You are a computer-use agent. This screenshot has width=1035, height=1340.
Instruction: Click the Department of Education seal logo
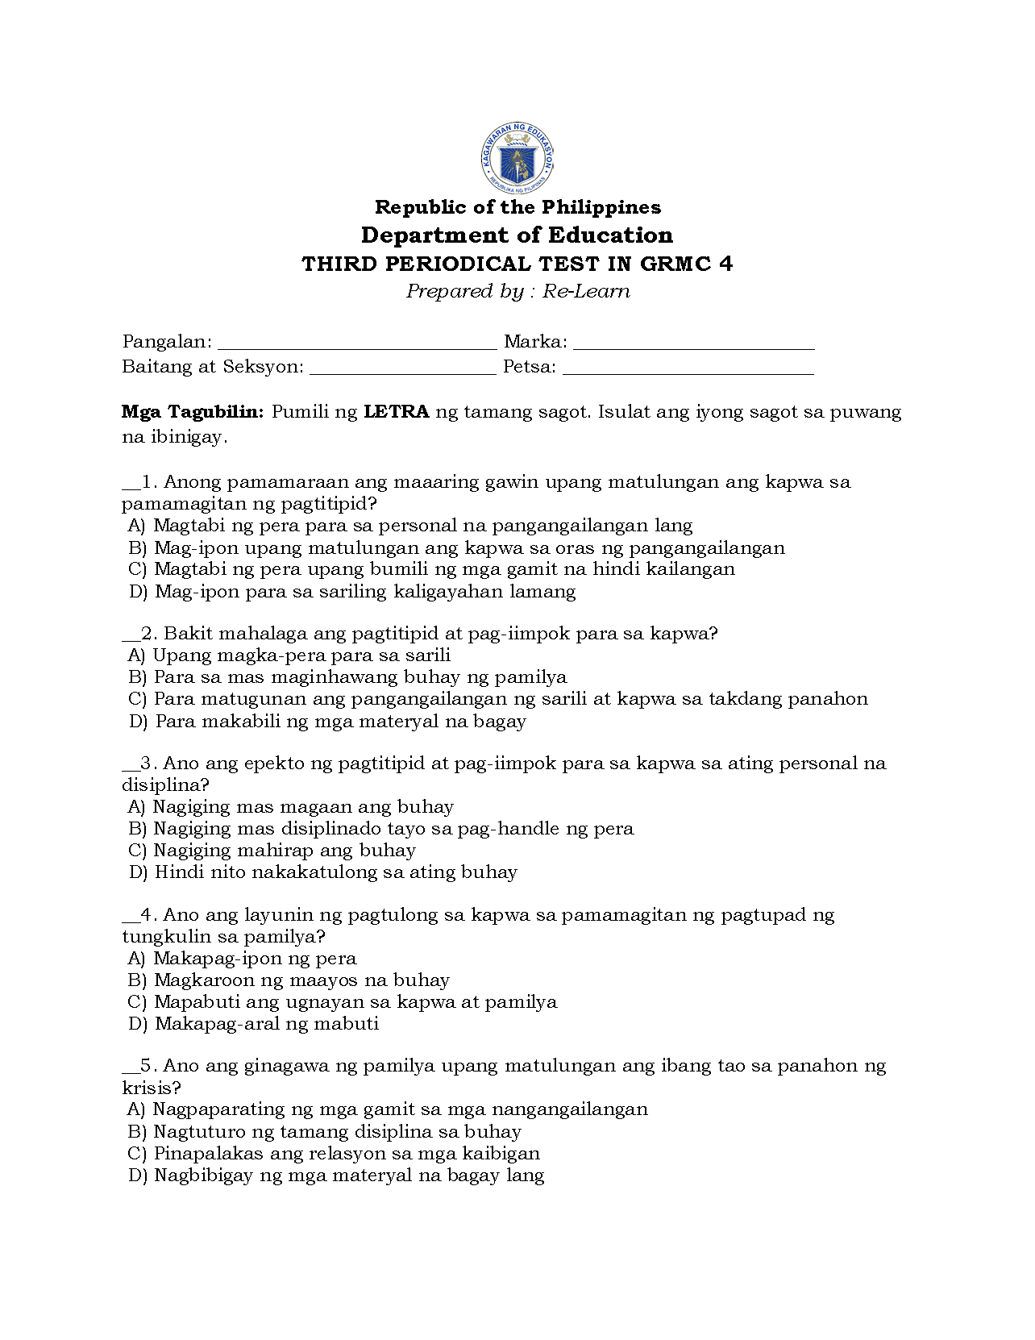(x=517, y=158)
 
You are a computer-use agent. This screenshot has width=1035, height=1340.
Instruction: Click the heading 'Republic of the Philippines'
(x=517, y=207)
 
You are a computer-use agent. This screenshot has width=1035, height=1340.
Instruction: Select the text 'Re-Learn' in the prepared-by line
(x=586, y=291)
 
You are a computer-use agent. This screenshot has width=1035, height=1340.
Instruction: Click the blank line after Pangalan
(x=357, y=343)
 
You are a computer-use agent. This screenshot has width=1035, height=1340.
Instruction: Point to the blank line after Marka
(x=693, y=343)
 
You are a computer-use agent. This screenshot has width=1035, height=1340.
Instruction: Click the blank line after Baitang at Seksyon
(x=402, y=368)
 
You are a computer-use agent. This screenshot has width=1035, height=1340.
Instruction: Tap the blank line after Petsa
(x=688, y=368)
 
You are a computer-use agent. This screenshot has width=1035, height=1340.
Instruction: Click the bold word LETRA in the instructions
(x=396, y=412)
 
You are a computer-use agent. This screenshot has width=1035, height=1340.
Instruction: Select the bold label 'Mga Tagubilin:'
(x=193, y=412)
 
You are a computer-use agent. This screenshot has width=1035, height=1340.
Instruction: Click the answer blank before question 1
(x=131, y=485)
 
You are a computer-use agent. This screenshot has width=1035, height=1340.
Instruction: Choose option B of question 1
(x=456, y=548)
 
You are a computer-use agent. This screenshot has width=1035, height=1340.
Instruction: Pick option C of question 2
(x=497, y=699)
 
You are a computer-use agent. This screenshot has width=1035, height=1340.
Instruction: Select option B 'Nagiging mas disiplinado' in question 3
(x=380, y=829)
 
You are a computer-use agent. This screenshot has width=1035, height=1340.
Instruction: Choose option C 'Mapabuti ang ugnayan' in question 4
(x=342, y=1002)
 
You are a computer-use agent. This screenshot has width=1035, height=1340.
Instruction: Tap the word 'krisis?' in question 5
(x=152, y=1088)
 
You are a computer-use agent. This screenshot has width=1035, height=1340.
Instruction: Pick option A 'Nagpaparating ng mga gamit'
(x=387, y=1109)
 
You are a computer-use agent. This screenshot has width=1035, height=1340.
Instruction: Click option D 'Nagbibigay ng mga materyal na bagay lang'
(x=336, y=1176)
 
